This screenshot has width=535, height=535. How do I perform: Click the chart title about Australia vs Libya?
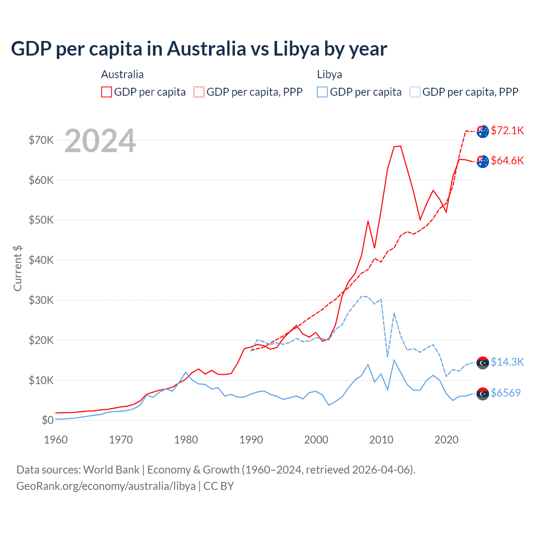pyautogui.click(x=199, y=49)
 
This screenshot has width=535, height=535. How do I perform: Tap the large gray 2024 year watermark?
pyautogui.click(x=100, y=141)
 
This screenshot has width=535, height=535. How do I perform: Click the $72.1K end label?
pyautogui.click(x=507, y=130)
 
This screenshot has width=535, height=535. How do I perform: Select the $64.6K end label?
pyautogui.click(x=507, y=160)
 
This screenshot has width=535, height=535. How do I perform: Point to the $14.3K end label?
pyautogui.click(x=507, y=362)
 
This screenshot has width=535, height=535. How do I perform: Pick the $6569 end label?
pyautogui.click(x=505, y=393)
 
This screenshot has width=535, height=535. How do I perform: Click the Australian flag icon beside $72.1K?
pyautogui.click(x=483, y=131)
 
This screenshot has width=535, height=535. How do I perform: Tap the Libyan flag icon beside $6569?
pyautogui.click(x=483, y=394)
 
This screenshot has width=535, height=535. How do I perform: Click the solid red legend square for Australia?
pyautogui.click(x=107, y=92)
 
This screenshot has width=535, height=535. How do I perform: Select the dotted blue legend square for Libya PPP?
pyautogui.click(x=415, y=92)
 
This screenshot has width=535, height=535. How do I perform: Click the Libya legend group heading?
pyautogui.click(x=329, y=74)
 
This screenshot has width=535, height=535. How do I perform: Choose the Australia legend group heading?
pyautogui.click(x=122, y=74)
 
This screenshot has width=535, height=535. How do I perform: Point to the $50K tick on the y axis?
pyautogui.click(x=41, y=220)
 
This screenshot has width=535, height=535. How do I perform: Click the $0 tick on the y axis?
pyautogui.click(x=48, y=420)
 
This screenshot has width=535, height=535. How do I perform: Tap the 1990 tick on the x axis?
pyautogui.click(x=251, y=440)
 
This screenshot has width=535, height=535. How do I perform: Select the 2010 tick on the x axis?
pyautogui.click(x=381, y=440)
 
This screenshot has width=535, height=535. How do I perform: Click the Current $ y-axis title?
pyautogui.click(x=18, y=268)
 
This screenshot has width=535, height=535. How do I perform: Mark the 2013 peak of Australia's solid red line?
pyautogui.click(x=400, y=146)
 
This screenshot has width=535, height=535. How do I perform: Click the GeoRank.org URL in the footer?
pyautogui.click(x=106, y=486)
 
